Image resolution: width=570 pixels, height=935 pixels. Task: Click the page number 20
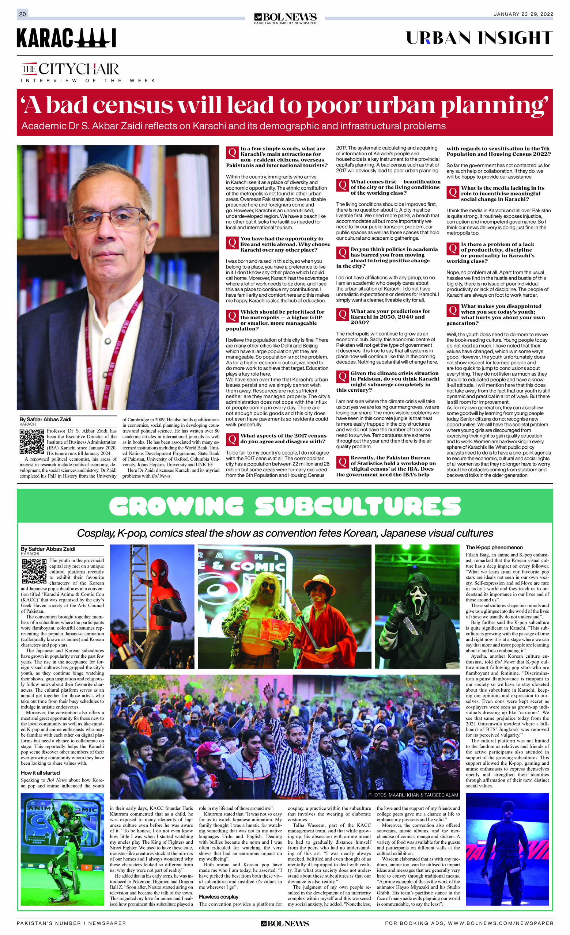click(x=22, y=14)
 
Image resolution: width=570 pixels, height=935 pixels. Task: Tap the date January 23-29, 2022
click(x=523, y=14)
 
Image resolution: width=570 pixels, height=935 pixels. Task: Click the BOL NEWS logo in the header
click(x=285, y=18)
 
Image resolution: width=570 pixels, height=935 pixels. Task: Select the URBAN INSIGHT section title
click(x=479, y=38)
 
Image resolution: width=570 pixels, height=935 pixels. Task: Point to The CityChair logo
click(x=70, y=69)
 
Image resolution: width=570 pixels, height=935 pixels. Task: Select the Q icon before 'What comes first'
click(x=343, y=185)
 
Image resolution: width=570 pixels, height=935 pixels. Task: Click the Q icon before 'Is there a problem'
click(x=453, y=248)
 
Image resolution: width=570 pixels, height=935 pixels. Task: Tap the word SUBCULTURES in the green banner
click(x=358, y=506)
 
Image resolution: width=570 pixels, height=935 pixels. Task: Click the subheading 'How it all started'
click(x=40, y=772)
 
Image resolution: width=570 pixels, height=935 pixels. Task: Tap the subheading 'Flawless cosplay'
click(x=218, y=897)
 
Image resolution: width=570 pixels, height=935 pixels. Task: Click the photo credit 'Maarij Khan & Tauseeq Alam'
click(x=413, y=795)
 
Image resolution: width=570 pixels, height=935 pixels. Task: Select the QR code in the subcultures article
click(x=34, y=571)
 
